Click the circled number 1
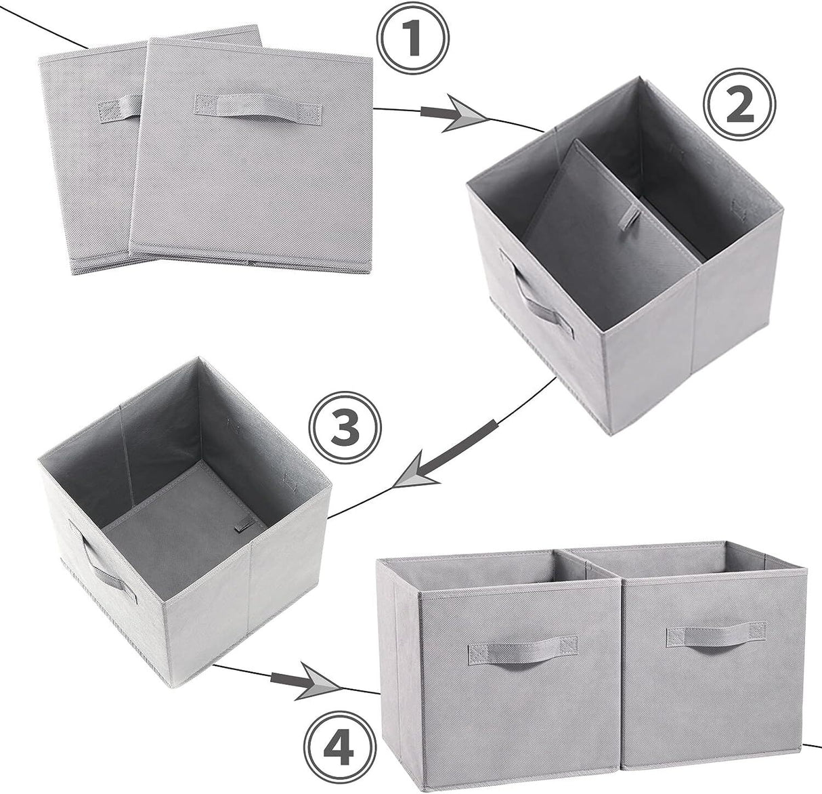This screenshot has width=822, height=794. point(414,39)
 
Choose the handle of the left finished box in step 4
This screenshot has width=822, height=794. point(521,651)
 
